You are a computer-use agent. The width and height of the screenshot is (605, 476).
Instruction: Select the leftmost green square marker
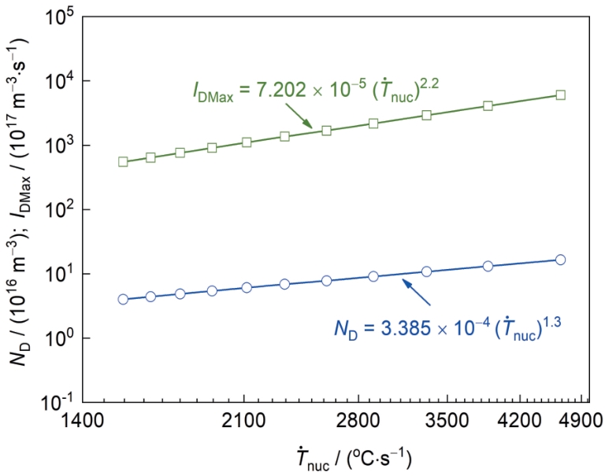123,161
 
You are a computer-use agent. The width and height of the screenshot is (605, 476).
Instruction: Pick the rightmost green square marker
560,94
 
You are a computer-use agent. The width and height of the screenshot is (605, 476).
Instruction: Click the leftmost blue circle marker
123,299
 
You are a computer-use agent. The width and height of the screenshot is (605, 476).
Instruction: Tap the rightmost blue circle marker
560,260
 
